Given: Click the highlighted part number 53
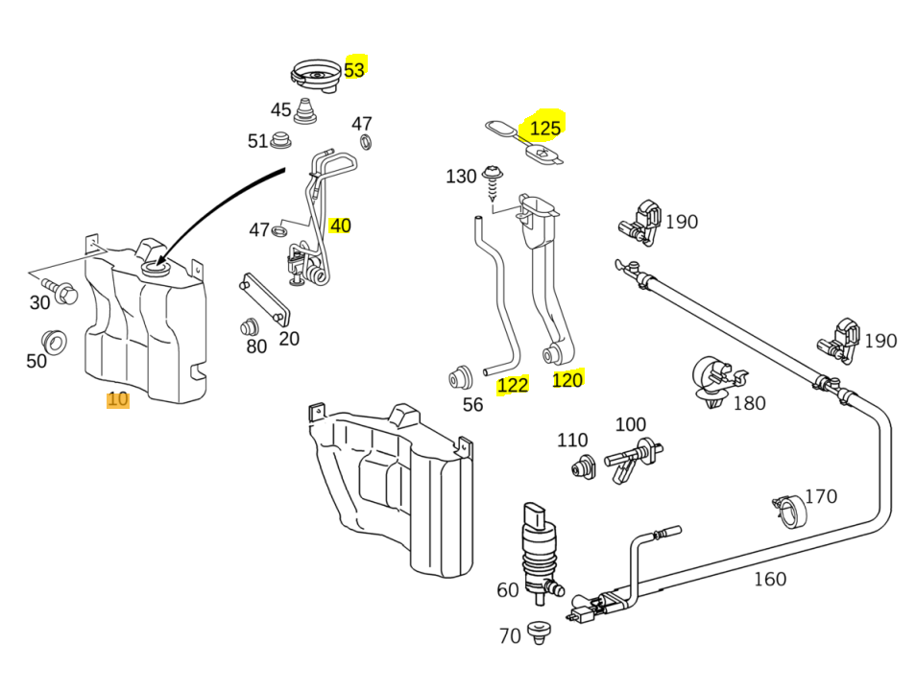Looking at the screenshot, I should pos(354,69).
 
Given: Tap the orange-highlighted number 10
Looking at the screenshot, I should pos(117,399).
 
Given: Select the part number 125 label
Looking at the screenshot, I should pos(544,128).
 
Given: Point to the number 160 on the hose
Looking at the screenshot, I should pos(769,579).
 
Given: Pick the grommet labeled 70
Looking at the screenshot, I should pos(538,632).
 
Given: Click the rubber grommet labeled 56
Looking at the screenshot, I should pos(461,377).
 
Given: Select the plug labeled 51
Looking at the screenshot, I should pos(281,140).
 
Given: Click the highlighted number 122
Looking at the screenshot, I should pos(513,385).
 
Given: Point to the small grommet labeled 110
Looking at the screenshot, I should pos(581,467).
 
